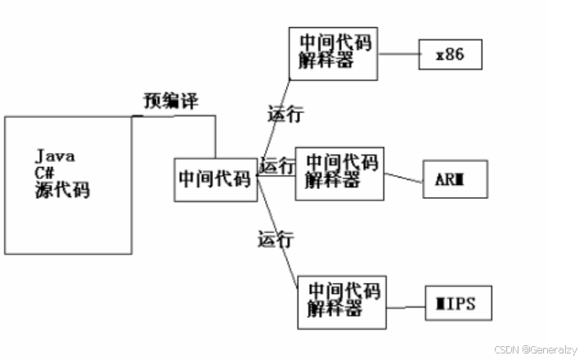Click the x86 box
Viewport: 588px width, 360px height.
click(x=451, y=56)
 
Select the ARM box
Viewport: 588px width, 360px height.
click(x=455, y=179)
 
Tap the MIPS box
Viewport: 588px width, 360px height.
click(x=458, y=303)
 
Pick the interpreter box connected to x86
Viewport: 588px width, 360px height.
click(x=333, y=52)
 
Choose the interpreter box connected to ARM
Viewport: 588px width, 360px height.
click(x=339, y=173)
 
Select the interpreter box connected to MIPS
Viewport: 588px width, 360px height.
click(x=342, y=303)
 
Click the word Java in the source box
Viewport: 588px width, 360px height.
click(x=56, y=155)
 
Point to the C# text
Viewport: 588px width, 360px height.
click(x=46, y=173)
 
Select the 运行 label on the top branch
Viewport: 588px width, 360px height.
click(x=285, y=114)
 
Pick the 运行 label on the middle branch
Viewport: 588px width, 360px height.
click(x=276, y=165)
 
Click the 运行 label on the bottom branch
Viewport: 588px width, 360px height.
click(x=276, y=240)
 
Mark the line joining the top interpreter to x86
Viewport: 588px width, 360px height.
click(x=398, y=55)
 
